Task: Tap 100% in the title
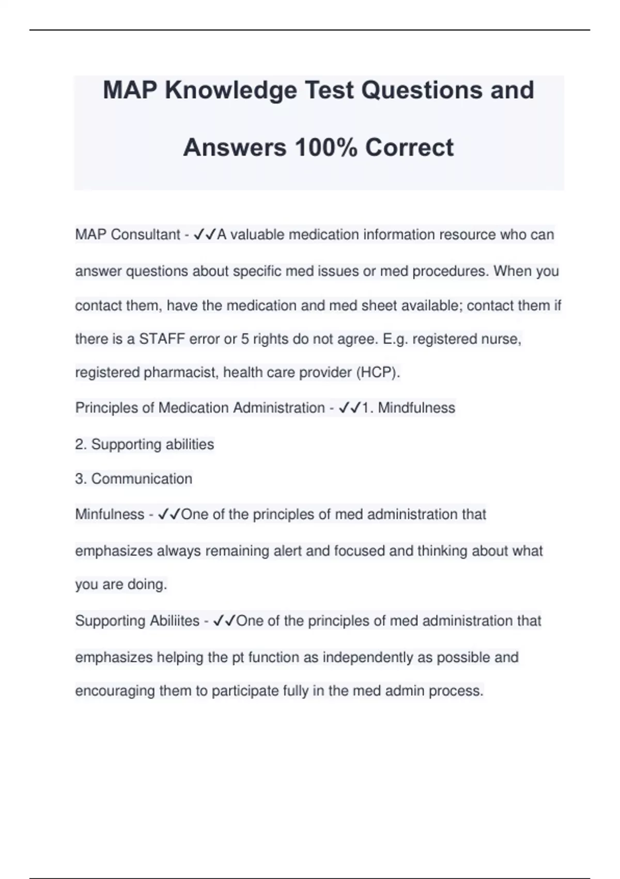[326, 148]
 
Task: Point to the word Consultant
[145, 235]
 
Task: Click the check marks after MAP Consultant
[205, 235]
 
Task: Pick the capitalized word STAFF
[162, 339]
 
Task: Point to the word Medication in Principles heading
[193, 408]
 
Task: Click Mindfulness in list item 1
[416, 408]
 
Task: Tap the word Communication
[142, 479]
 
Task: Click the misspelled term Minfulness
[110, 514]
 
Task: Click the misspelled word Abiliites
[175, 621]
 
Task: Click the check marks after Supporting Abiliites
[224, 621]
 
